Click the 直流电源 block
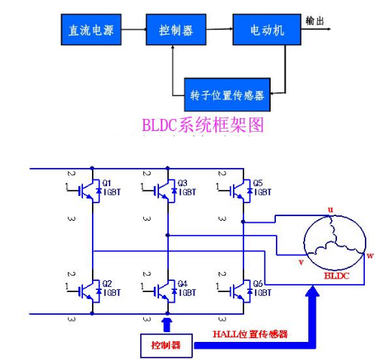click(91, 29)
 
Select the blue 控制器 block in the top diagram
click(176, 29)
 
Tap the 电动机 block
click(267, 29)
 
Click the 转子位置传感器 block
click(227, 95)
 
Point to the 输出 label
click(314, 21)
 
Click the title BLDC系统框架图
click(203, 125)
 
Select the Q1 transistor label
click(106, 183)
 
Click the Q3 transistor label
click(182, 183)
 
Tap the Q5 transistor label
click(258, 183)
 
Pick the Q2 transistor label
click(107, 284)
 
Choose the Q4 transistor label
click(182, 284)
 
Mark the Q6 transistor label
click(258, 284)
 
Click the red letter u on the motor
click(330, 209)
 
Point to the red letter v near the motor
click(301, 262)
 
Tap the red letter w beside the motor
click(370, 256)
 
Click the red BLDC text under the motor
click(337, 276)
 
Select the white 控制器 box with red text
click(167, 346)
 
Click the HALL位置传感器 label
click(250, 334)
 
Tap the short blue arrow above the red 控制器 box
click(167, 325)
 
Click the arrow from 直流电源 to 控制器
click(133, 29)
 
